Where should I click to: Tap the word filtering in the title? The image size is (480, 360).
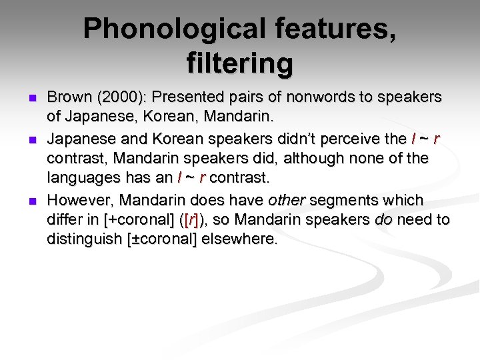[240, 63]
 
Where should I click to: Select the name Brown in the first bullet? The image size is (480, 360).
[70, 97]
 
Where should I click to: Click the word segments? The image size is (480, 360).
[338, 199]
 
